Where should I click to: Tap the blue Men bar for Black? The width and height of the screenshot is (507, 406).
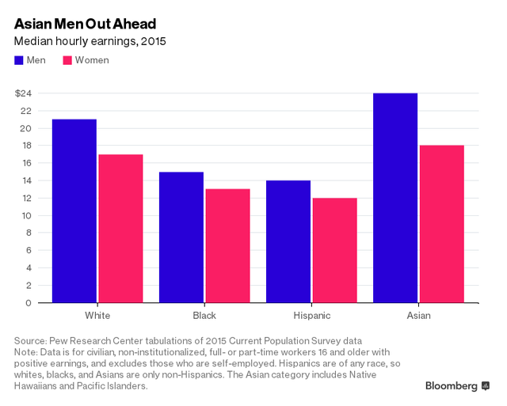pos(181,237)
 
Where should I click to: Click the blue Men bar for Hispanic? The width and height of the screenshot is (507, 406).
pos(288,241)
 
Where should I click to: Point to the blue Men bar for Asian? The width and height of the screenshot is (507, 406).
pos(395,198)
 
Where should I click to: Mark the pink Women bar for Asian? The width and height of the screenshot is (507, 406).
pos(441,224)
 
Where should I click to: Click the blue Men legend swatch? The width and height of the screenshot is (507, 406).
pos(19,60)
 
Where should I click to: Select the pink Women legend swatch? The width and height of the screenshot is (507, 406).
pos(67,60)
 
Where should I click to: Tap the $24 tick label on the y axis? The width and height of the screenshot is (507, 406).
pos(23,93)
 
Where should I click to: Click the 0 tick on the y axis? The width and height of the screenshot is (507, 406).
pos(28,302)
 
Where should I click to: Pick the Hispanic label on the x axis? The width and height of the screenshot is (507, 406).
pos(311,316)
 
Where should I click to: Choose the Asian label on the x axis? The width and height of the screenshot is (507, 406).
pos(418,316)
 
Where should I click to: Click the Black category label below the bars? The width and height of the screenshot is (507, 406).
pos(204,316)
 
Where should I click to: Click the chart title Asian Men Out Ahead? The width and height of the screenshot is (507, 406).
pos(85,23)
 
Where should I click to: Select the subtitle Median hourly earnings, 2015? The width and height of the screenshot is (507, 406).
pos(90,40)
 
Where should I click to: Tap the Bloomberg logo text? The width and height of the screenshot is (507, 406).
pos(452,386)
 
